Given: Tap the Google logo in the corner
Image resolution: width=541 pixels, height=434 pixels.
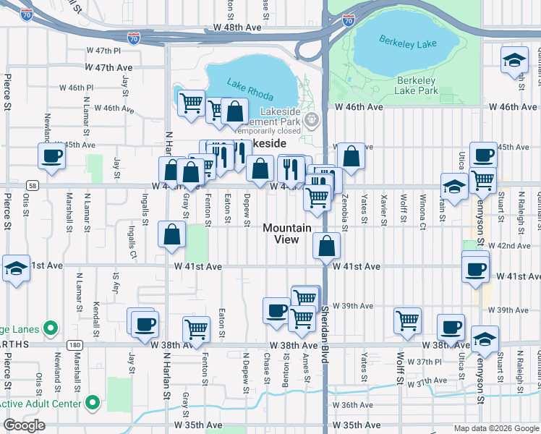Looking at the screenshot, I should coord(24,425).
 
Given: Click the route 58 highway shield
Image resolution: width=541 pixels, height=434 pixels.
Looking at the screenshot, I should coord(32,185).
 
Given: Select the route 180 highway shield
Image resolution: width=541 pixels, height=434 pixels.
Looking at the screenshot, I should coord(74,346).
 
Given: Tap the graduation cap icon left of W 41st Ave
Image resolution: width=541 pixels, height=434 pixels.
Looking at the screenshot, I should coord(16,267).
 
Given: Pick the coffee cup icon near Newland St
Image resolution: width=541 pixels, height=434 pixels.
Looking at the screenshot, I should coord(51,156).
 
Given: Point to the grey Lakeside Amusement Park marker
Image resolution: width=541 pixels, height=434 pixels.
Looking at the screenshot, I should coord(312,119).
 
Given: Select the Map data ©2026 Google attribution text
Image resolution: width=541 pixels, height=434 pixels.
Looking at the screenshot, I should coord(495,428).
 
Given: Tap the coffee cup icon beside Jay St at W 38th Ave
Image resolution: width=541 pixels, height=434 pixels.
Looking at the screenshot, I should coord(145,323).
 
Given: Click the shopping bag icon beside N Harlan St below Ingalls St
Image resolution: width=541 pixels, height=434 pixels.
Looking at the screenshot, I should coord(171,235).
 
